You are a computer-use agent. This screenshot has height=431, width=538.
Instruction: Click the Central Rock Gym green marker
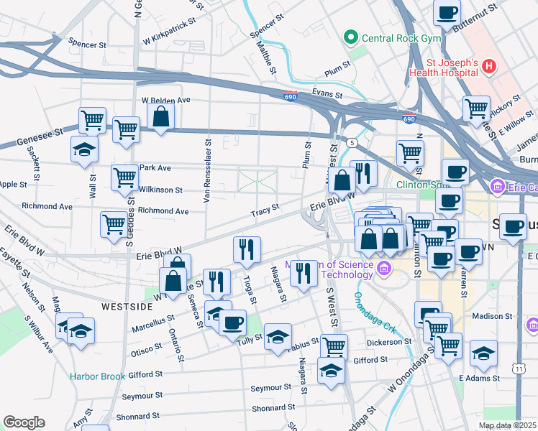352,36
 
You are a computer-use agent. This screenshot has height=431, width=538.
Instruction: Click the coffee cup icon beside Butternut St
447,13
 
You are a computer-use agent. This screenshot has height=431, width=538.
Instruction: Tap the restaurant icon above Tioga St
247,249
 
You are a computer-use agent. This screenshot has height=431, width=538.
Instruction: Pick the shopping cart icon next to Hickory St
476,108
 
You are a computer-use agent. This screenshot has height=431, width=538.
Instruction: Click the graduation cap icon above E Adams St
484,353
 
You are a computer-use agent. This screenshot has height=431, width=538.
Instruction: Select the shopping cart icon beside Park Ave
125,177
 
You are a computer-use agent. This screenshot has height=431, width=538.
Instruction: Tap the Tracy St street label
265,213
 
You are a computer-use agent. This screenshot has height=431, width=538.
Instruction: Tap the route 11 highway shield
518,368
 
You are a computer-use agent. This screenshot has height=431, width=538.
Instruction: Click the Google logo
24,422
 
